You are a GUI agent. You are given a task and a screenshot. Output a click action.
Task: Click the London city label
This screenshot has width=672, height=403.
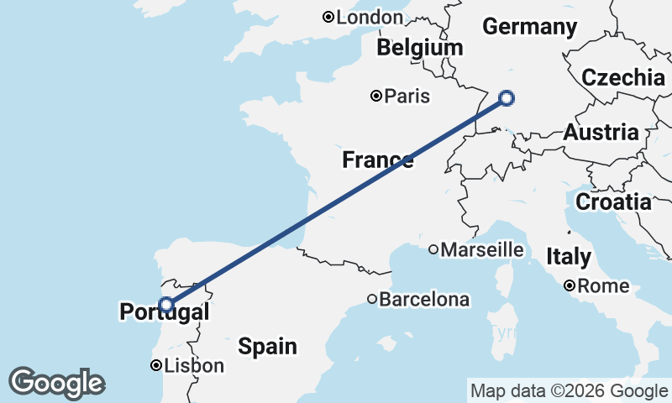click(x=370, y=17)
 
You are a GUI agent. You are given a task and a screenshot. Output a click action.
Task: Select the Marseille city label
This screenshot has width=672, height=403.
click(x=481, y=249)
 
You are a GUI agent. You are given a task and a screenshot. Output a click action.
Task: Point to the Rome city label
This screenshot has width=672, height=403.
click(x=603, y=286)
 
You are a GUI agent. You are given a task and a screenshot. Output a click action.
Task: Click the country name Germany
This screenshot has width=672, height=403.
click(x=529, y=27)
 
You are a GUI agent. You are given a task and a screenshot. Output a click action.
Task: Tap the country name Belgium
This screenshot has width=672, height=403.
click(x=419, y=48)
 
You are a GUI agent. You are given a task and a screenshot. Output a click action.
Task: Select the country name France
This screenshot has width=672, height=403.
click(x=377, y=160)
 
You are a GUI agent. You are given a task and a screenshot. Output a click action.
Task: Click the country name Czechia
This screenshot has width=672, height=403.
click(x=623, y=78)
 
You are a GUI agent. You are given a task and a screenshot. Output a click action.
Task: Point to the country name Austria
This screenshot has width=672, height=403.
click(x=601, y=133)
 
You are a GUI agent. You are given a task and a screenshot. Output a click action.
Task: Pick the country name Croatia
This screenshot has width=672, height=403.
click(x=613, y=202)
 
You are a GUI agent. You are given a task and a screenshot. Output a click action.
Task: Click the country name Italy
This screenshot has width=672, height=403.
click(x=569, y=257)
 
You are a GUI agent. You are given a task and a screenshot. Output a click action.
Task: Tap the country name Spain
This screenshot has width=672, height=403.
click(x=267, y=345)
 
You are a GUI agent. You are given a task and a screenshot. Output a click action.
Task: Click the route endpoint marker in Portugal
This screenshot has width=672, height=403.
click(x=166, y=304)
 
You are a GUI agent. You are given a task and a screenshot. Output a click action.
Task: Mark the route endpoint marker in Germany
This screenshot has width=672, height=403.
click(x=507, y=98)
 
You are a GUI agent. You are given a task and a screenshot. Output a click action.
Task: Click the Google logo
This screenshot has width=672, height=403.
click(x=56, y=383)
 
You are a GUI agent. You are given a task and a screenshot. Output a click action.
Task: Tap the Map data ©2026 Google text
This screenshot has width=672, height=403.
click(x=569, y=391)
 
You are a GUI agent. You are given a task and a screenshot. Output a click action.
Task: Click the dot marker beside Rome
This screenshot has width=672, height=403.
click(x=570, y=286)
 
